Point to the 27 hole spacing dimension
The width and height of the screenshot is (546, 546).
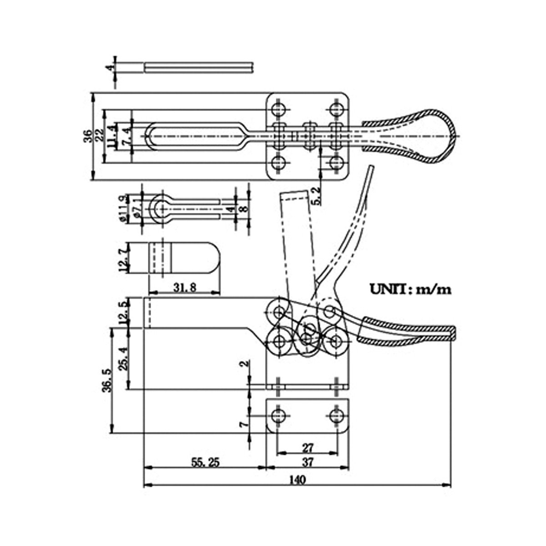coord(308,447)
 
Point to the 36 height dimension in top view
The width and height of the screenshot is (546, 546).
coord(88,136)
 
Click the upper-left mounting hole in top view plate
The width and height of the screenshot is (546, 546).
coord(278,109)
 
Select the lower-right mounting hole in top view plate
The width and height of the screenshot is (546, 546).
coord(337,163)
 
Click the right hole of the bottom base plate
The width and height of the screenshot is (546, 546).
coord(337,415)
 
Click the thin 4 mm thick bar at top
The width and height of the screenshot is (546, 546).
coord(198,67)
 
